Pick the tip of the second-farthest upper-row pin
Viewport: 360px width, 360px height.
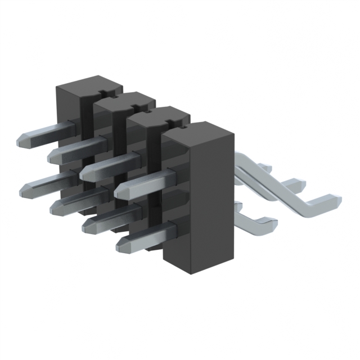point(53,155)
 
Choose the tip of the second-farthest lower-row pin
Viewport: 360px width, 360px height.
point(55,209)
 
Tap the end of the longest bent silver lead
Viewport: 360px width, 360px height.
point(336,200)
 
